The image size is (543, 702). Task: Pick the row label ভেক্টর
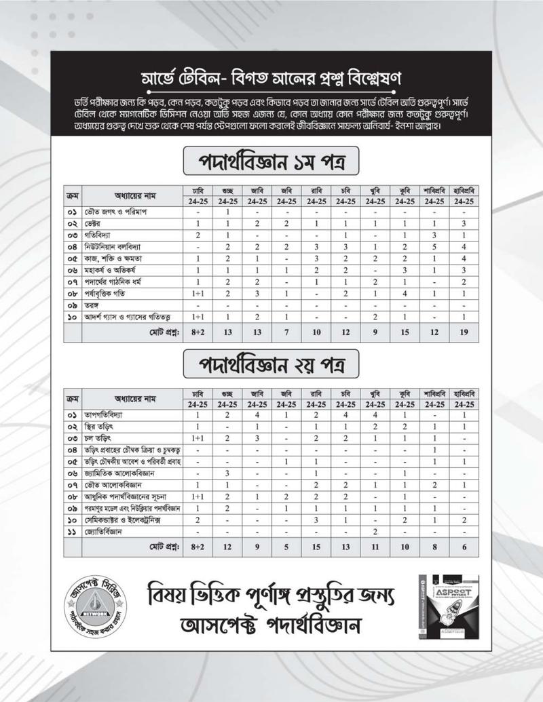pos(96,223)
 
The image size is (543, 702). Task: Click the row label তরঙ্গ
pos(93,307)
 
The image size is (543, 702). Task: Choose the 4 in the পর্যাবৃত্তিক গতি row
pos(404,294)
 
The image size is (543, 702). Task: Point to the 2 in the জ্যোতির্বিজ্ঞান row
pos(375,532)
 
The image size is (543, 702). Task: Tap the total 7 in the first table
pos(287,332)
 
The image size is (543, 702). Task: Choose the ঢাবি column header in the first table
pos(198,190)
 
